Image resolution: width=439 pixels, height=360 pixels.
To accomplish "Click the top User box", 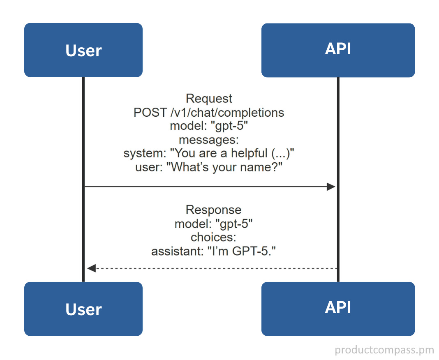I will pos(83,50).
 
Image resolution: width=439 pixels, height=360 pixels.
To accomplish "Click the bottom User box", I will pos(83,309).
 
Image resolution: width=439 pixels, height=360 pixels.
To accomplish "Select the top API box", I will pos(338,50).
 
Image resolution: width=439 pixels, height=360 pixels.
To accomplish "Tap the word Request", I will pos(209,99).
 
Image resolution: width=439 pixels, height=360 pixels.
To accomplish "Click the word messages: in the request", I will pos(209,140).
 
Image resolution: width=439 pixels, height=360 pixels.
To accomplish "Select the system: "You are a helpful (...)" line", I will pos(209,154).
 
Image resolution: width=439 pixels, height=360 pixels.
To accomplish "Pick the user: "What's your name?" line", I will pos(209,168).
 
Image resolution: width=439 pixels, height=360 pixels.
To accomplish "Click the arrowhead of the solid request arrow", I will pos(331,187).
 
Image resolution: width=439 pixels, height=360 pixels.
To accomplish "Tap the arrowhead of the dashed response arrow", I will pos(92,268).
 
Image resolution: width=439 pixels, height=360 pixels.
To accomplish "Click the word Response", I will pos(213,210).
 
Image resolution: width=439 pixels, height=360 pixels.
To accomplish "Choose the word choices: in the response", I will pos(213,238).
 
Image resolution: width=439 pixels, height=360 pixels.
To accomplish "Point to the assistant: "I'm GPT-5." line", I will pos(213,251).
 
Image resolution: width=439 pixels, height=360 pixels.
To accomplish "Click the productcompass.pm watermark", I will pos(384,350).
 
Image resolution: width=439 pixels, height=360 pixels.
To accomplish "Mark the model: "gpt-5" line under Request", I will pos(209,126).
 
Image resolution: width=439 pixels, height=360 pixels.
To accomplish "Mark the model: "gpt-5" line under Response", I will pos(213,224).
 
